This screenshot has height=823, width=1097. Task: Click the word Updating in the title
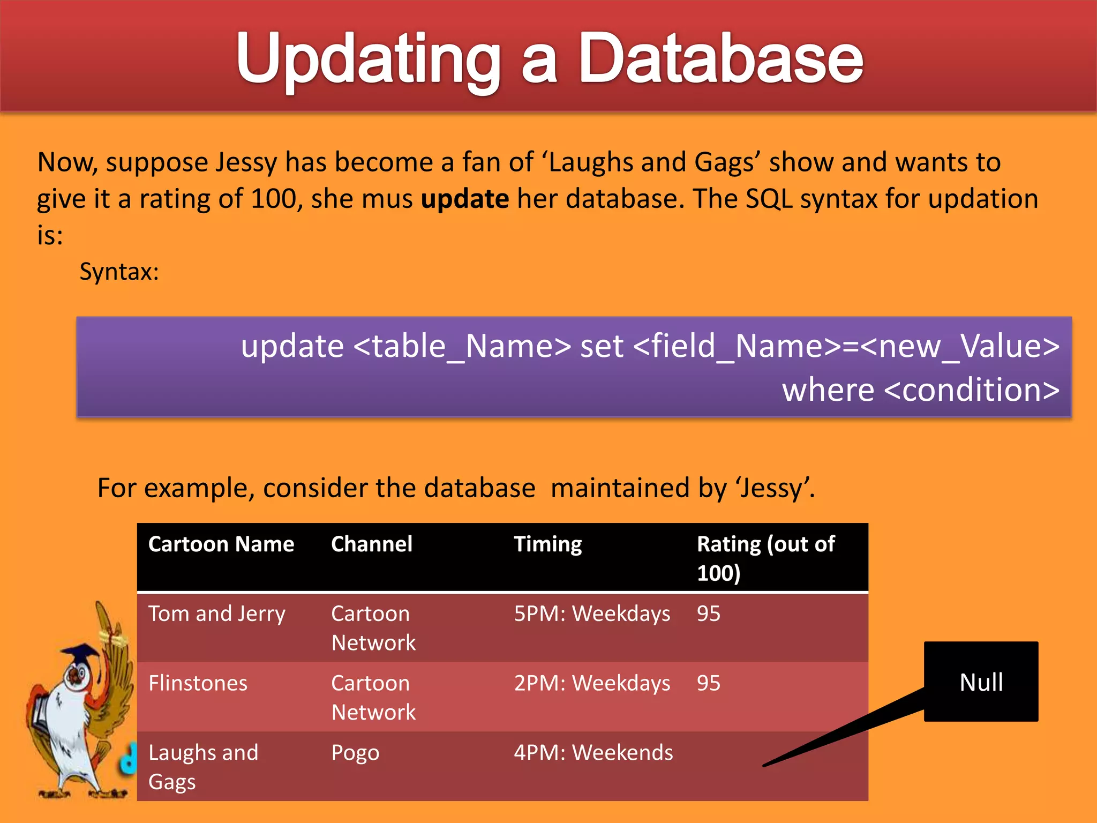(369, 59)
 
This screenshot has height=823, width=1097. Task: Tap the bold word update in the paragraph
(464, 199)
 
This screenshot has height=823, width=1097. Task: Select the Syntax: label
(119, 272)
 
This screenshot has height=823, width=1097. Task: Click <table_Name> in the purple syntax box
(462, 346)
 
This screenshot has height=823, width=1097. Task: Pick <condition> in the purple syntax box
(971, 390)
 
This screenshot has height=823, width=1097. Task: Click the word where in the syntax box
(828, 390)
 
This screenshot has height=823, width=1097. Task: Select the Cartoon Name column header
(221, 544)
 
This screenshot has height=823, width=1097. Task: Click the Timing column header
(547, 544)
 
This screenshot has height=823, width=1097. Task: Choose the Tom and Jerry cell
(216, 614)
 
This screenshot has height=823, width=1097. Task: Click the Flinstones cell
(198, 684)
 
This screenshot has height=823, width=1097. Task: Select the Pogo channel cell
(355, 753)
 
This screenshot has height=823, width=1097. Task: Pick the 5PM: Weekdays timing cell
(591, 614)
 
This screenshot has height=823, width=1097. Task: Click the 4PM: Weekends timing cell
(593, 753)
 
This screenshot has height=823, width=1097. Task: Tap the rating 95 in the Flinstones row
(708, 684)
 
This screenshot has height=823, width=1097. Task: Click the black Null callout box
(980, 682)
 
